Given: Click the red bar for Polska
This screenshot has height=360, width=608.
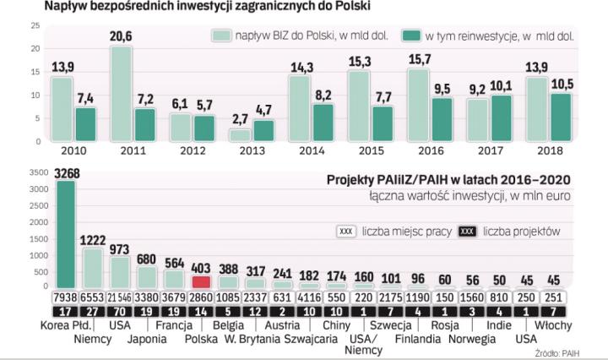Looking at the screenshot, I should [201, 282].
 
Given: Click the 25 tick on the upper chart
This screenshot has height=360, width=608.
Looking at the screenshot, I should [11, 26].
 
